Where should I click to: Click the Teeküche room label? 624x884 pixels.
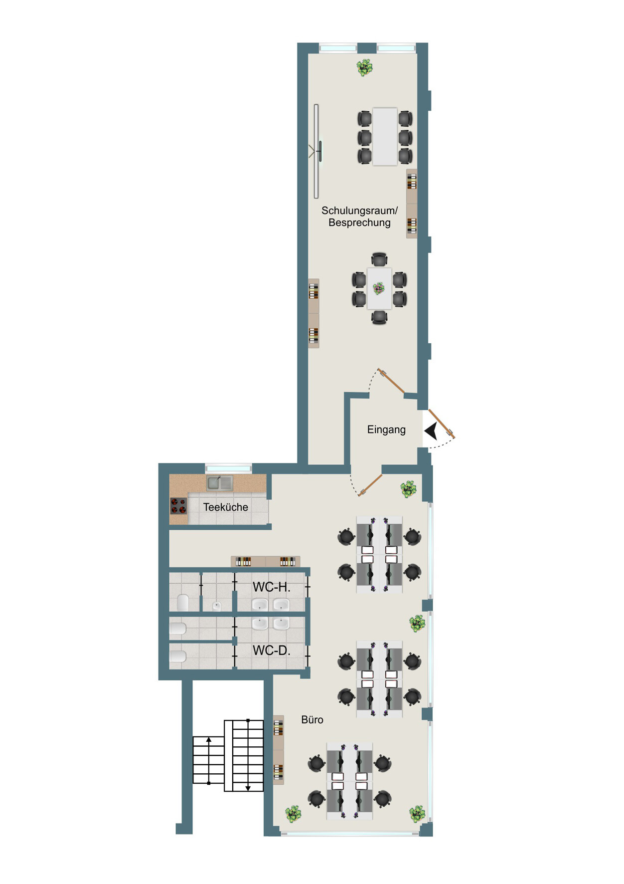tap(225, 507)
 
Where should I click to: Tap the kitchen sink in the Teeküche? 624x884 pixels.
tap(220, 483)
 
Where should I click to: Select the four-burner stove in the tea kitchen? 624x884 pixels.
tap(178, 506)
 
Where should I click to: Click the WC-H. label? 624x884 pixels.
tap(271, 587)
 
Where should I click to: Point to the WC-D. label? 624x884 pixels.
tap(271, 651)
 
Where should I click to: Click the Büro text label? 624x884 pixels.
tap(312, 720)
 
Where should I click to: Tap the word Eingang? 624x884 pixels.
tap(386, 430)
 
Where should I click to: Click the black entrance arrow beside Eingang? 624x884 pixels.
tap(431, 431)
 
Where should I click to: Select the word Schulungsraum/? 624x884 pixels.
tap(359, 211)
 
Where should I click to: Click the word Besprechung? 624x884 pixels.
tap(359, 222)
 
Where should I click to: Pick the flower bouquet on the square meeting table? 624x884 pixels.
tap(379, 288)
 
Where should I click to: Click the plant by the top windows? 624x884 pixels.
tap(365, 67)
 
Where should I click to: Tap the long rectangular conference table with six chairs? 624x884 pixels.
tap(385, 137)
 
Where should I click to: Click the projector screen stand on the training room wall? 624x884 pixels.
tap(316, 151)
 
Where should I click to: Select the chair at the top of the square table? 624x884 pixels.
tap(379, 259)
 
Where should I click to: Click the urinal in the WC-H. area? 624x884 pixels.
tap(216, 606)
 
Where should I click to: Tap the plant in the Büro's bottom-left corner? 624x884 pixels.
tap(293, 814)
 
